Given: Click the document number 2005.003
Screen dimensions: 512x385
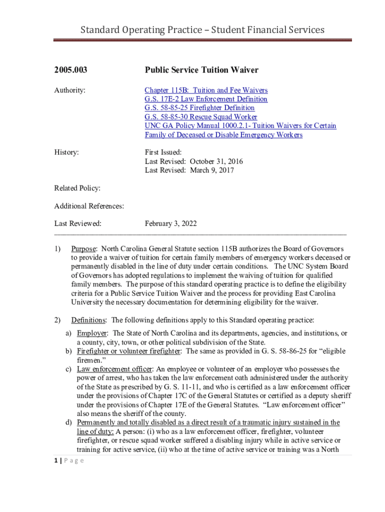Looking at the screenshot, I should pyautogui.click(x=70, y=70).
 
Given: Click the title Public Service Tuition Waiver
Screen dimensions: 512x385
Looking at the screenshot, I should pyautogui.click(x=201, y=70).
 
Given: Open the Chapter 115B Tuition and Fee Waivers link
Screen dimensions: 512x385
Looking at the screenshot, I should pyautogui.click(x=206, y=90).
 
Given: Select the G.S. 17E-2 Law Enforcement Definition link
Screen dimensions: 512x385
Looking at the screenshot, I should pyautogui.click(x=206, y=99).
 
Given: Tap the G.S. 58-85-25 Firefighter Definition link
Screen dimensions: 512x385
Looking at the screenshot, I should pyautogui.click(x=199, y=108).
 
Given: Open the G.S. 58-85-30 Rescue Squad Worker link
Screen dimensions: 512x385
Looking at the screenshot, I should pyautogui.click(x=201, y=117).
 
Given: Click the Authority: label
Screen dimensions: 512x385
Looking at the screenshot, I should pyautogui.click(x=69, y=90).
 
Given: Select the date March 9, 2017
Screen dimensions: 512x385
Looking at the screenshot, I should pyautogui.click(x=211, y=170).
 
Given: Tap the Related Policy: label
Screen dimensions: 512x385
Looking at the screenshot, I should pyautogui.click(x=77, y=188).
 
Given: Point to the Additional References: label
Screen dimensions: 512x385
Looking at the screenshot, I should pyautogui.click(x=89, y=206).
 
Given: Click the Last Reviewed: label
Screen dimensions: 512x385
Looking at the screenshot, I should pyautogui.click(x=77, y=223).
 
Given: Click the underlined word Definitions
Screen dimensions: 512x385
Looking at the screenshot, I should pyautogui.click(x=88, y=320).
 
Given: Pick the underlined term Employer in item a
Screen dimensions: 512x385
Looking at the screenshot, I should pyautogui.click(x=91, y=333).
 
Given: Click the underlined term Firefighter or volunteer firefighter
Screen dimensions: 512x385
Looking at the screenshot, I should pyautogui.click(x=128, y=351).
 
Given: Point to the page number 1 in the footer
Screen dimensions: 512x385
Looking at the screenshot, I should pyautogui.click(x=56, y=460).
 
